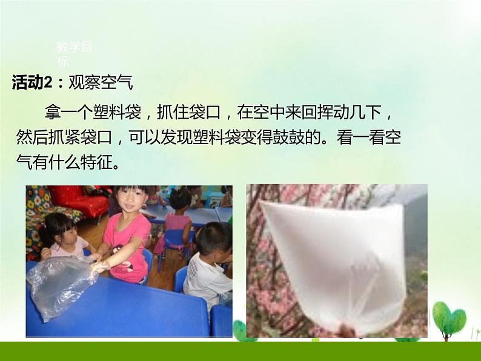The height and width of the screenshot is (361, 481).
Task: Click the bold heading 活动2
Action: (x=33, y=83)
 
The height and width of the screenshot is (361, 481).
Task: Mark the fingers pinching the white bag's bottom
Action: (x=348, y=331)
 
